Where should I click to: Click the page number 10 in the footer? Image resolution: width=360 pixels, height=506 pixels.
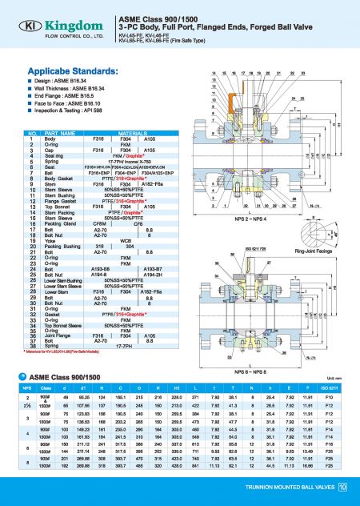[x=342, y=488]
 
